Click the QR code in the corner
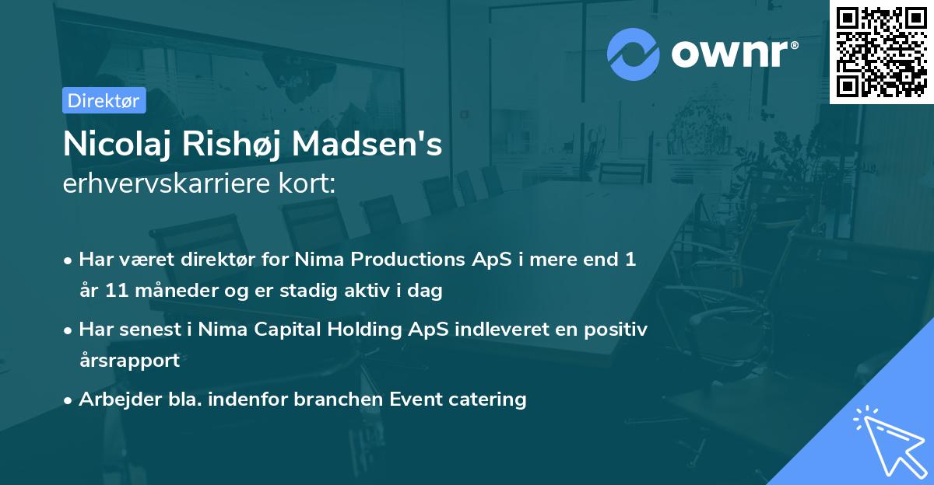coord(881,51)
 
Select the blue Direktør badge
coord(104,100)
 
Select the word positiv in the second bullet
coord(619,330)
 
